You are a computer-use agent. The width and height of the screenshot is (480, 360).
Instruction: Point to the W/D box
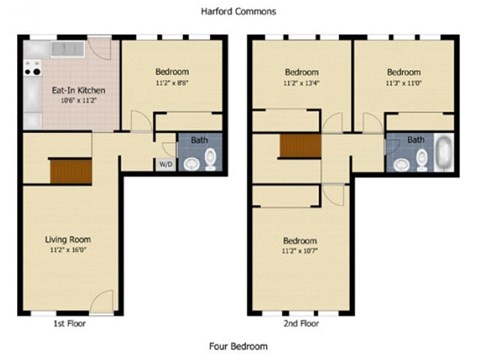[x=165, y=165]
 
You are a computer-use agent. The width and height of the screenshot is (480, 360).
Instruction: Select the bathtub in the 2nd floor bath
[x=441, y=155]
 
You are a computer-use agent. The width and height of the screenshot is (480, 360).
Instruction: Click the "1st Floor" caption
[x=70, y=325]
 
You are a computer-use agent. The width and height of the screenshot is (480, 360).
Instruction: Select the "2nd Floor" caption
[x=301, y=325]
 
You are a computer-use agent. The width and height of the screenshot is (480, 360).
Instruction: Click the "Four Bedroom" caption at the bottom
[x=238, y=346]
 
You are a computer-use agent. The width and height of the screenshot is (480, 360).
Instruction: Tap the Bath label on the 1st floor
[x=200, y=140]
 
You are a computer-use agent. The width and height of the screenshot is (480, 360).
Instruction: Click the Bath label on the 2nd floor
[x=415, y=140]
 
